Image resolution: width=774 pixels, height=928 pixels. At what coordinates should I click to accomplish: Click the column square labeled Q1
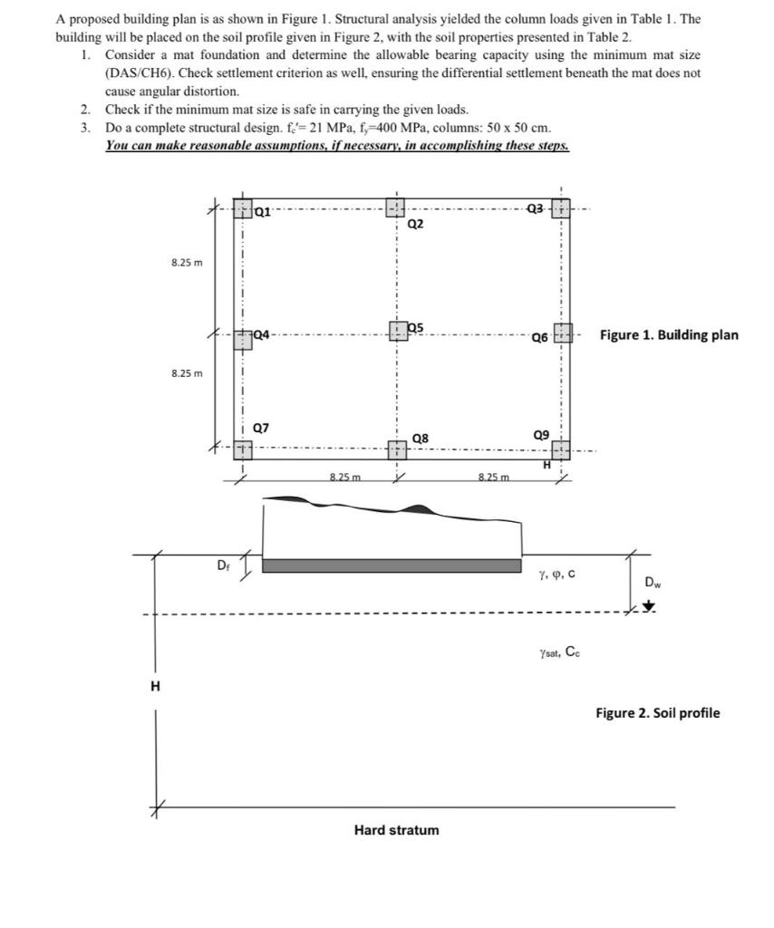point(242,211)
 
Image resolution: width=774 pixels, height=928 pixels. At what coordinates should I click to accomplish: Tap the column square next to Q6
point(563,333)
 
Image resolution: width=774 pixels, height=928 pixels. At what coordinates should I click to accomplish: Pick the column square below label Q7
point(242,449)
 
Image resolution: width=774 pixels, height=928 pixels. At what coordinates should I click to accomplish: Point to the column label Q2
point(416,223)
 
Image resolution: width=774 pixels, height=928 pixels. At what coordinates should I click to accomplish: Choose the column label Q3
point(537,209)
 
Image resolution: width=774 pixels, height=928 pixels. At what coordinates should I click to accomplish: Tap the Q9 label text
point(542,435)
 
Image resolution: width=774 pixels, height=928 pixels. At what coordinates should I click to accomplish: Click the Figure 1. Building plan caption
point(669,335)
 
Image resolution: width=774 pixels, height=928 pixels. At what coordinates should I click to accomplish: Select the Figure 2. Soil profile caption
point(657,712)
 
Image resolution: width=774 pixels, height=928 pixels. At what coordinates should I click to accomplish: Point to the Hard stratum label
point(396,830)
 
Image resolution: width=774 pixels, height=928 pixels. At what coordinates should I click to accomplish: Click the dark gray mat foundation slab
point(392,565)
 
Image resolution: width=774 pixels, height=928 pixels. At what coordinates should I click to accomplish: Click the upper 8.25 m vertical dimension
point(188,263)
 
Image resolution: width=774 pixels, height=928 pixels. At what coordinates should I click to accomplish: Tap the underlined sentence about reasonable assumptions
point(337,145)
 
